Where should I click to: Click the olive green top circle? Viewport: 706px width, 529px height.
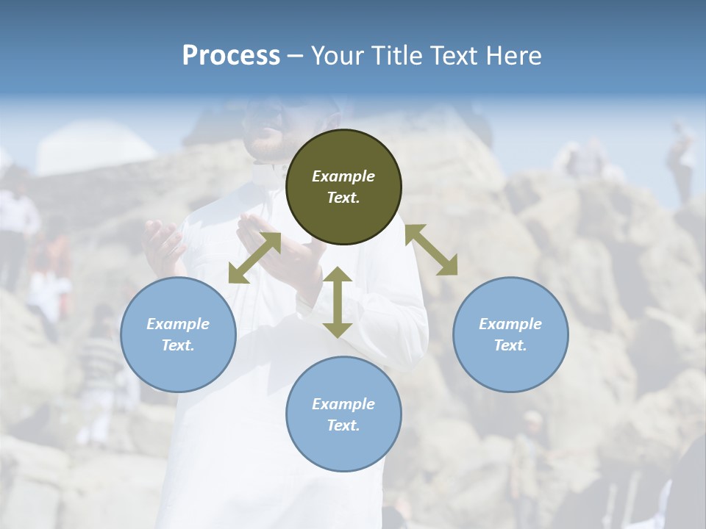click(343, 187)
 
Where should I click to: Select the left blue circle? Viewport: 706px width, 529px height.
click(178, 334)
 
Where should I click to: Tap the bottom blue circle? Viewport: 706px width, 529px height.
click(343, 414)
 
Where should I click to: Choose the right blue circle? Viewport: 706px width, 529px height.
click(510, 334)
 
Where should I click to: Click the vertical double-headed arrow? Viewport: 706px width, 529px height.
click(338, 302)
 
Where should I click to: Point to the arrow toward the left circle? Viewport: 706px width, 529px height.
click(254, 258)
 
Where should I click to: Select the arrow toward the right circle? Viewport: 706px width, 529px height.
click(431, 250)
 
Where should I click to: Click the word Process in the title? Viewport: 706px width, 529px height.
click(231, 55)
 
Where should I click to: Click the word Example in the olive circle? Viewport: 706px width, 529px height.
click(343, 176)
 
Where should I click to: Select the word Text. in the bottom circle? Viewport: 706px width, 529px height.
click(343, 425)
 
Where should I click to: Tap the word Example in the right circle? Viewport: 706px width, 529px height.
click(510, 324)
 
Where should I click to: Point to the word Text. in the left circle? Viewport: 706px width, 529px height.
click(178, 345)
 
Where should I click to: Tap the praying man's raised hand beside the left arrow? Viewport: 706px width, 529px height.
click(165, 246)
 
